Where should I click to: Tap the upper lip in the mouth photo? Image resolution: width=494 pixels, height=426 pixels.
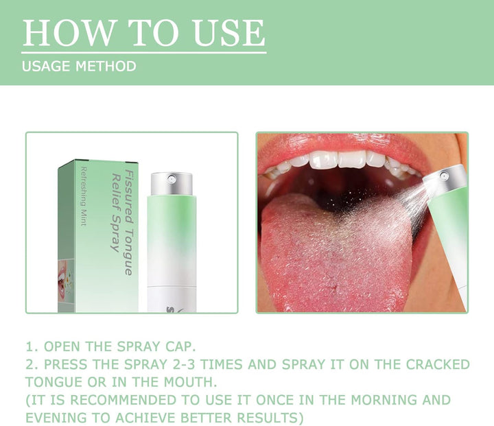343,142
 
